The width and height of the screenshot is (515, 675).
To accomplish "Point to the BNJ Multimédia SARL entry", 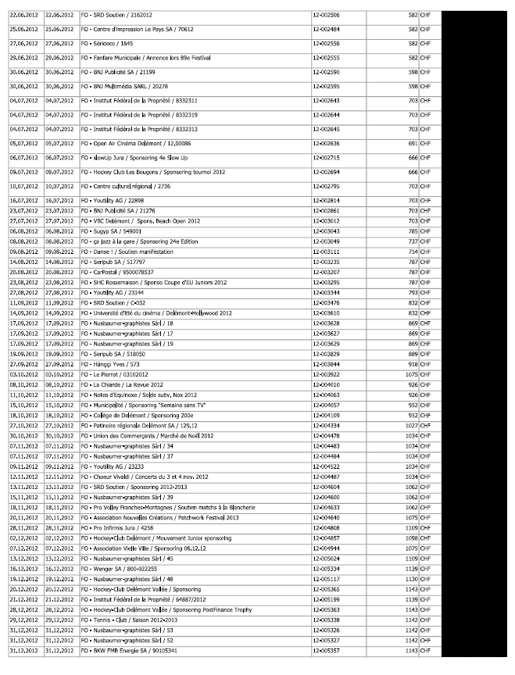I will point(123,86).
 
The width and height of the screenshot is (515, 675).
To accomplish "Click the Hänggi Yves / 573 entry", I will point(111,363).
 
